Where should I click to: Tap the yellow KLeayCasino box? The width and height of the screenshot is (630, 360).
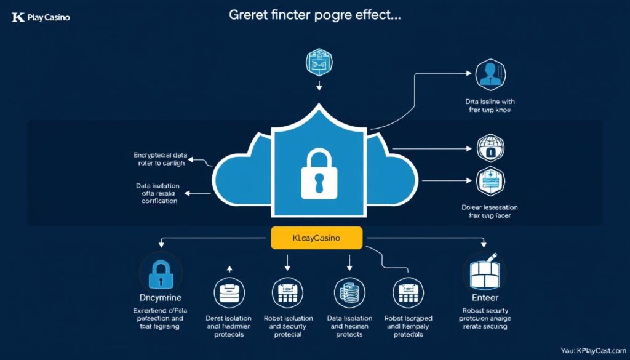click(x=316, y=237)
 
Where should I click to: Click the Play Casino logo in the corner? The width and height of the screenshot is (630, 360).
click(x=41, y=17)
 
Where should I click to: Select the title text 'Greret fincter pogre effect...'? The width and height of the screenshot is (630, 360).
click(x=315, y=16)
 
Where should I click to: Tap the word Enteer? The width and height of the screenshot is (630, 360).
click(x=485, y=298)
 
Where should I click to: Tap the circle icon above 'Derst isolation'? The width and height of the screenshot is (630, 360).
click(x=229, y=292)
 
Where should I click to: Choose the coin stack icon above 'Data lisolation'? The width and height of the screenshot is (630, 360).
click(x=349, y=292)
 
